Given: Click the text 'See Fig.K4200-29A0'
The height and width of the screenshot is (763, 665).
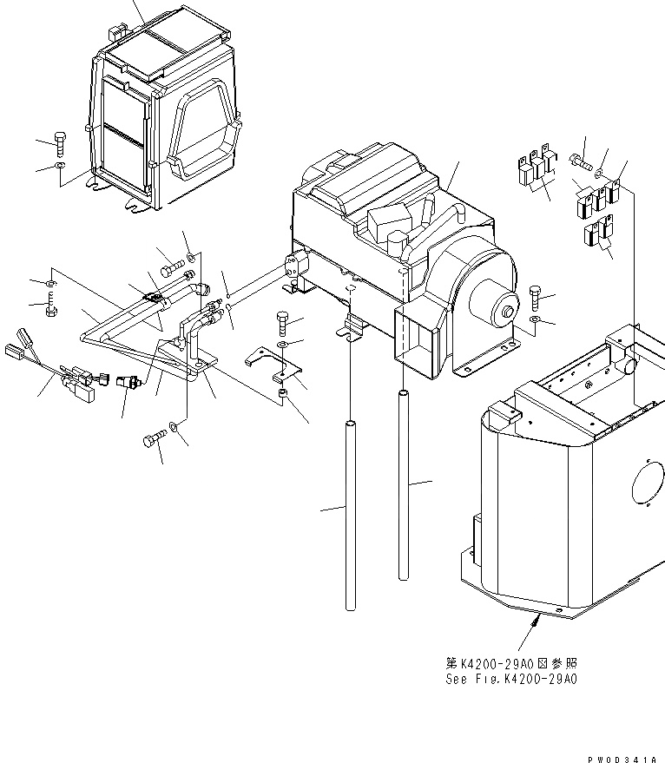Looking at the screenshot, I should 508,679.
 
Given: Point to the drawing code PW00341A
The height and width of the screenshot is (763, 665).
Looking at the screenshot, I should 622,757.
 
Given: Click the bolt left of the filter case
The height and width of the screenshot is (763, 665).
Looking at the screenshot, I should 58,140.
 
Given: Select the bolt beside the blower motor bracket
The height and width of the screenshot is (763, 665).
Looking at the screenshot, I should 533,299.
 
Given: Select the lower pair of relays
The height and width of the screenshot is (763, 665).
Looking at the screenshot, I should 598,234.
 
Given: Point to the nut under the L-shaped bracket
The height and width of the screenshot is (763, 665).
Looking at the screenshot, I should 283,396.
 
